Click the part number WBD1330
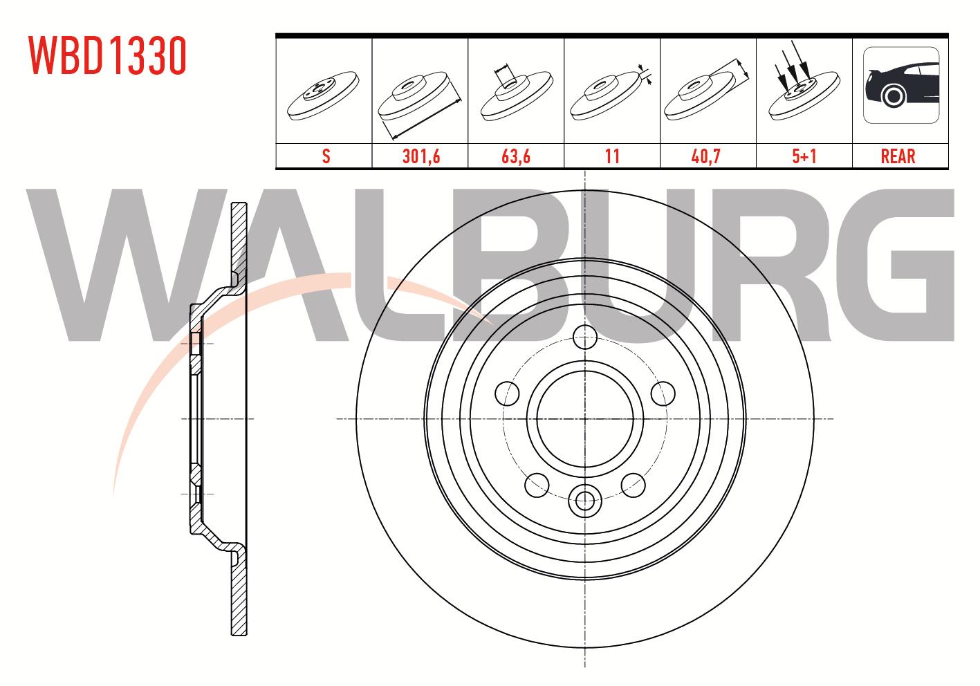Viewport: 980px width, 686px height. coord(107,55)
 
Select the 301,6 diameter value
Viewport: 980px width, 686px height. coord(421,156)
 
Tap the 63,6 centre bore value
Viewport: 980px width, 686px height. coord(516,156)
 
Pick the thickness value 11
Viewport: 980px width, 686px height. coord(612,156)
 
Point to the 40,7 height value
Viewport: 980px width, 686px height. coord(705,156)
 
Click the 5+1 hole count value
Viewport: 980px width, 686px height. coord(804,156)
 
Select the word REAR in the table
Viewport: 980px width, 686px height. coord(898,156)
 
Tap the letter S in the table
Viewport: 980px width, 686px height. coord(326,156)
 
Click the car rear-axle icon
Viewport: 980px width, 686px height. coord(901,85)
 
